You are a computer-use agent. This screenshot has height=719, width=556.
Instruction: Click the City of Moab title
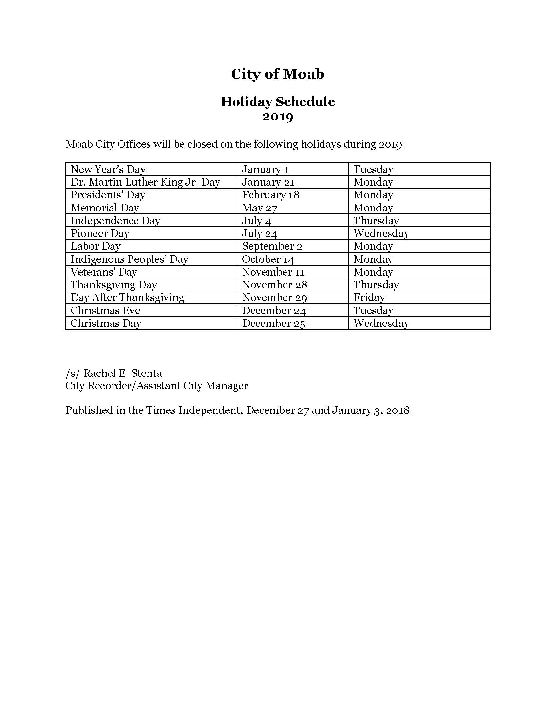(277, 74)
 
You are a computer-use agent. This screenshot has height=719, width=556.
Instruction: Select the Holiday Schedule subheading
(277, 102)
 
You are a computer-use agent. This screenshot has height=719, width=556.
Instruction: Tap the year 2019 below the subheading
(277, 117)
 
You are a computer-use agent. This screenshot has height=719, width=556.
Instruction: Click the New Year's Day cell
(108, 169)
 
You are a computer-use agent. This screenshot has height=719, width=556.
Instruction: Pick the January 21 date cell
(268, 182)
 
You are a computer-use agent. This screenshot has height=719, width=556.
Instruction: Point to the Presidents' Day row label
(108, 195)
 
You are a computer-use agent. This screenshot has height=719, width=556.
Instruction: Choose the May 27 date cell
(260, 208)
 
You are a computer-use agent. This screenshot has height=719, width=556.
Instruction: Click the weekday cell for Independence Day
(376, 221)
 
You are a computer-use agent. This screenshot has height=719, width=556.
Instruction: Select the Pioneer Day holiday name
(100, 233)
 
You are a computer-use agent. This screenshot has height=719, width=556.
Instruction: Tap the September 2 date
(272, 246)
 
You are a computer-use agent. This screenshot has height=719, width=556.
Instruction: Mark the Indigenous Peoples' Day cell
(130, 259)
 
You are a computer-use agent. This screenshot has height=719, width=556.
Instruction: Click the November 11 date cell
(273, 272)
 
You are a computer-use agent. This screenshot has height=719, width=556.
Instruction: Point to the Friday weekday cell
(369, 298)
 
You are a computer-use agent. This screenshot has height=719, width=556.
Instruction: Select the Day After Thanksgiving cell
(127, 298)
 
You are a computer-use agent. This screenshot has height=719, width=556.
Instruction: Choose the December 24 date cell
(274, 310)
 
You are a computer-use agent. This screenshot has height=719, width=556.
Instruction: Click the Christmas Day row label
(106, 323)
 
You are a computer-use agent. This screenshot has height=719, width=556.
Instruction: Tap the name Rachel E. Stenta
(122, 373)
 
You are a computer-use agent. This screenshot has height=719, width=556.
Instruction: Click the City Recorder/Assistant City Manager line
(157, 386)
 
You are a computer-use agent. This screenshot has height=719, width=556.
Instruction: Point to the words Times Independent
(194, 410)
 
